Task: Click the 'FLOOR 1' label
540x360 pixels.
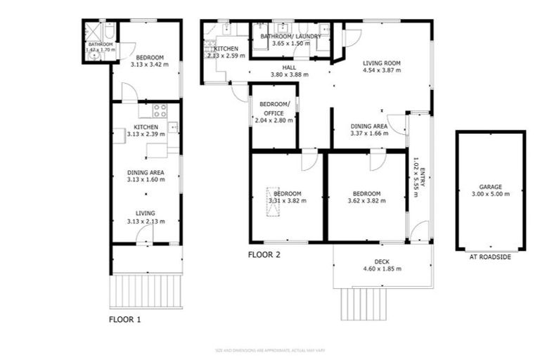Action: (125, 319)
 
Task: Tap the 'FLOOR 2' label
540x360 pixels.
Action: (264, 255)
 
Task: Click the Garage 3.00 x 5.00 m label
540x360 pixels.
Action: (491, 191)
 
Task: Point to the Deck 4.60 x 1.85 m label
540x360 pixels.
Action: (381, 265)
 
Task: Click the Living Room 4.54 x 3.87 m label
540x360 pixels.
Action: (381, 67)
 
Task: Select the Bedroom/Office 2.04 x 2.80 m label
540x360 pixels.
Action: (274, 112)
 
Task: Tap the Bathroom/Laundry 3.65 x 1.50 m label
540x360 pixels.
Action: (290, 40)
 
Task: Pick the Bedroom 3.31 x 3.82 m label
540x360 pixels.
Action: (287, 198)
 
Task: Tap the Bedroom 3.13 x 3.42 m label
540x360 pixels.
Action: (150, 61)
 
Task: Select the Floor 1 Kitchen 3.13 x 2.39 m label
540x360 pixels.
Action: (146, 130)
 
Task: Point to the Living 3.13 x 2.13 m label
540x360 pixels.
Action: (146, 217)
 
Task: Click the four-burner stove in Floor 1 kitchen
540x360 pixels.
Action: (160, 110)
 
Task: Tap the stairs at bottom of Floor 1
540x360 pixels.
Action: (146, 290)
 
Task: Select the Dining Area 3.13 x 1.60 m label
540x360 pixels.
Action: (146, 176)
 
